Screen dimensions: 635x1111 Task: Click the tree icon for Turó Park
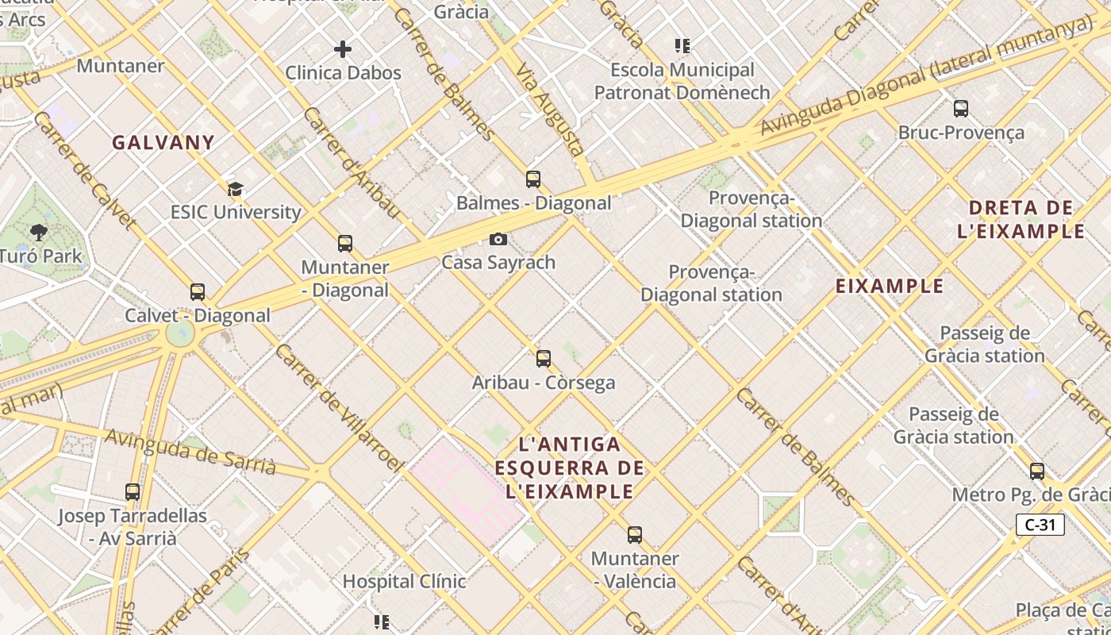(x=38, y=233)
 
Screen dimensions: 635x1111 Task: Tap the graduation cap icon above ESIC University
(x=235, y=189)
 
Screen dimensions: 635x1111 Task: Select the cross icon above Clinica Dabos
(x=343, y=49)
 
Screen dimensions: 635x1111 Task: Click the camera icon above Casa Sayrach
(x=498, y=239)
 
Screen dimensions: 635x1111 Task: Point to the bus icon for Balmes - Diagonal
(x=533, y=179)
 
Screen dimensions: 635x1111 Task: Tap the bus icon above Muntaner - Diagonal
(x=345, y=244)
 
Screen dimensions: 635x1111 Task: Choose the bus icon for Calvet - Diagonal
(x=198, y=292)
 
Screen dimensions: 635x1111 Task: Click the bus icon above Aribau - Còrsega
(x=544, y=359)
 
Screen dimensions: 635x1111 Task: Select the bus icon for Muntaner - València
(x=635, y=535)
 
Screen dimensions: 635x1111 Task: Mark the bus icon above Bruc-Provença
(x=961, y=109)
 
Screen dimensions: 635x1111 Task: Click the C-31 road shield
(x=1040, y=525)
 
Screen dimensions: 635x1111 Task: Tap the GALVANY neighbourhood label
(x=163, y=143)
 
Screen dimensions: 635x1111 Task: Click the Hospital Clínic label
(x=404, y=581)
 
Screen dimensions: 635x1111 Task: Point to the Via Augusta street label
(x=550, y=109)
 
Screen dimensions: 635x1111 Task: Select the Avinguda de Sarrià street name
(x=190, y=452)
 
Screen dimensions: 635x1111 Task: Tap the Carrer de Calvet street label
(x=83, y=171)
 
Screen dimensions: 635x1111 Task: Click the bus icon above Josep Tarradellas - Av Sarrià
(x=133, y=492)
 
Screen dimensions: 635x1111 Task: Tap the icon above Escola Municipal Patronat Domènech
(x=682, y=46)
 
